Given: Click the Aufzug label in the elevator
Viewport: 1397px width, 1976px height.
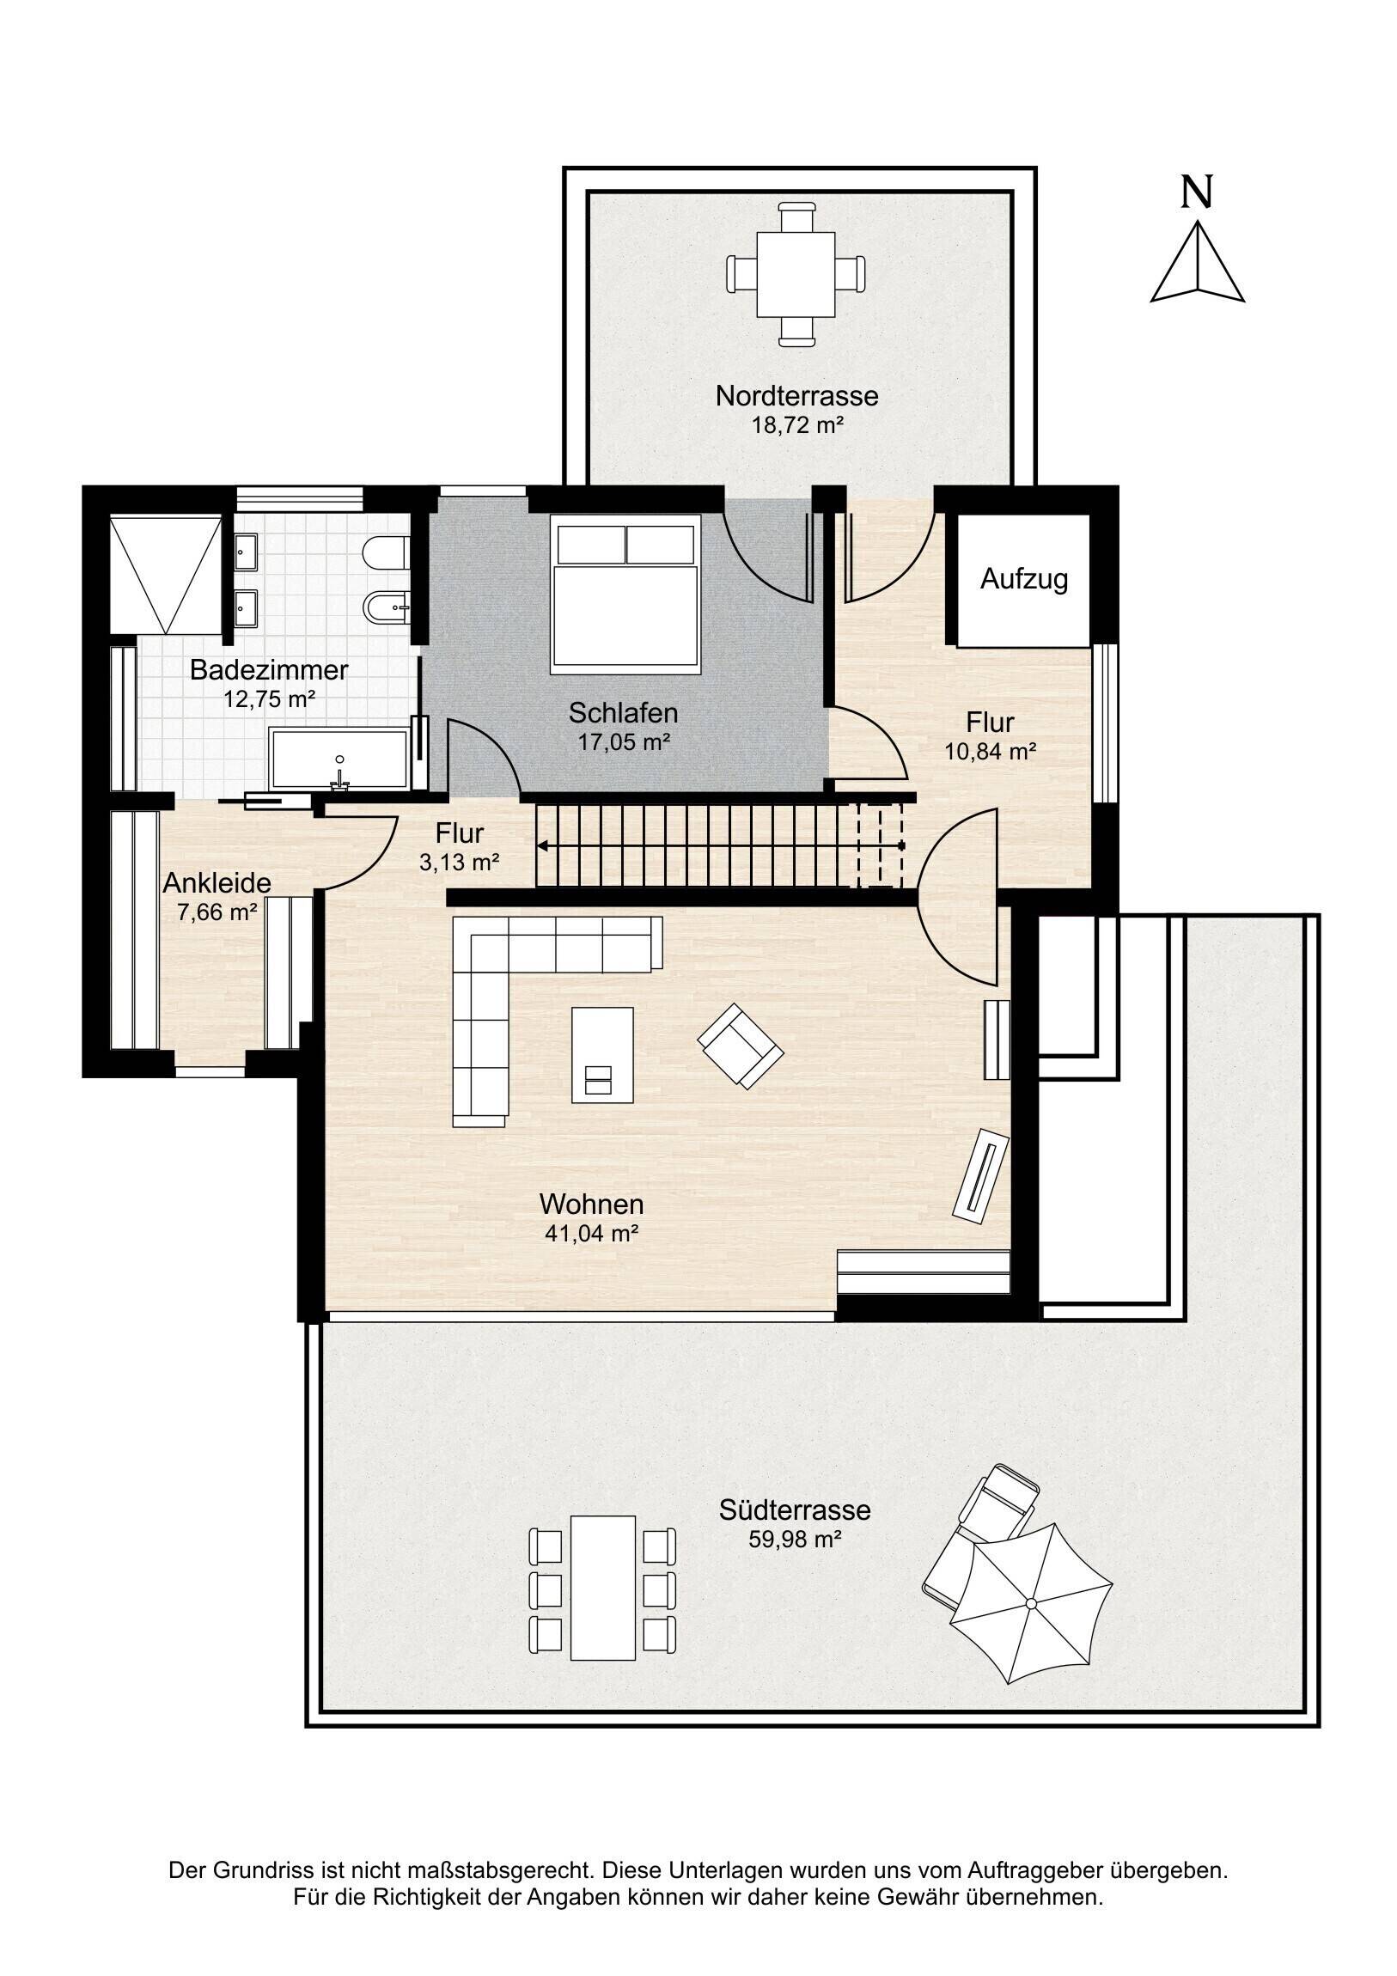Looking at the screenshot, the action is (x=1023, y=579).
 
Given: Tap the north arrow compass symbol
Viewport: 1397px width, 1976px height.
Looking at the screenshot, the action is (x=1198, y=262).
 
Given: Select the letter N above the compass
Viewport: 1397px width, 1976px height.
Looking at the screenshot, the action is (x=1197, y=191).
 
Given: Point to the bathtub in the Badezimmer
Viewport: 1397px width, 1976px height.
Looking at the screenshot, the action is (x=339, y=759).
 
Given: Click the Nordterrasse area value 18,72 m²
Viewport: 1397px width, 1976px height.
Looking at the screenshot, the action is (x=797, y=424).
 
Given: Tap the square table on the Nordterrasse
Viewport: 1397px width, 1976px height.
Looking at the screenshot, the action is (x=796, y=275).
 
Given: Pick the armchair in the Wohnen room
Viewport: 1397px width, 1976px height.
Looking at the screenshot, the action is (x=741, y=1046).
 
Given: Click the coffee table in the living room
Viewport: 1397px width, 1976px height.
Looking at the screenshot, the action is (x=602, y=1055).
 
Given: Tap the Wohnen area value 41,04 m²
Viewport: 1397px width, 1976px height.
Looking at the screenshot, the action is (x=591, y=1233).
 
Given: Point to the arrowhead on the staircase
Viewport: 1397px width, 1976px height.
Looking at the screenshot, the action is (x=543, y=846).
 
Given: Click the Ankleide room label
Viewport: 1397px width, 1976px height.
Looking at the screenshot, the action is (x=217, y=883).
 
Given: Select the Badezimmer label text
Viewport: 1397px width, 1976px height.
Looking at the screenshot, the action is (x=269, y=669).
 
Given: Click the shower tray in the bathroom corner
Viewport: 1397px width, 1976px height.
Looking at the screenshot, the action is (x=166, y=574).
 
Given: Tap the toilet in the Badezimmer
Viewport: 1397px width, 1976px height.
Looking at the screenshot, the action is (x=385, y=553).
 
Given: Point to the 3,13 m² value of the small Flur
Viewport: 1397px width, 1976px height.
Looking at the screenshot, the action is (x=460, y=862).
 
